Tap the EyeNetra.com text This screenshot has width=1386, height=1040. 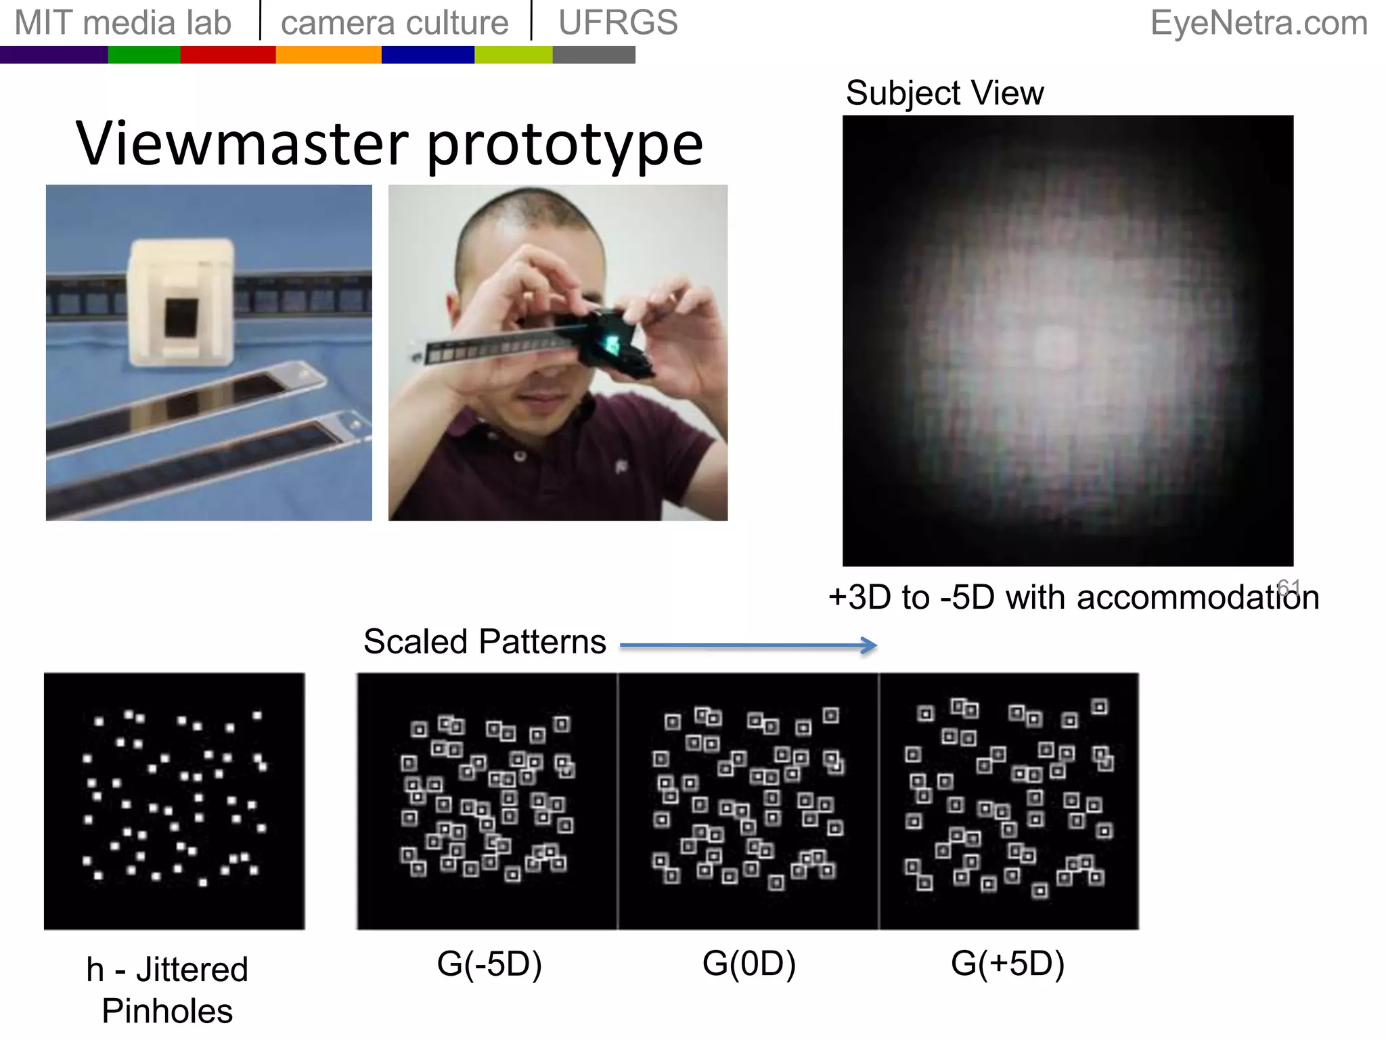pos(1259,23)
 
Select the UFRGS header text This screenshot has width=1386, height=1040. pos(618,23)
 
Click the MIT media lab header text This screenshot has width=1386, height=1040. pos(123,23)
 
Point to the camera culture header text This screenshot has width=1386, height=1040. pos(395,23)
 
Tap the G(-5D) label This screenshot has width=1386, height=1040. pos(489,963)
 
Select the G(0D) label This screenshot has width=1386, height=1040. pos(748,963)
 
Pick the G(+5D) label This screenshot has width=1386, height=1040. pos(1008,963)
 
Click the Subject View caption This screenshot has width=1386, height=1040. pos(945,93)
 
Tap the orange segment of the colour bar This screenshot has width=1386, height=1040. pos(328,55)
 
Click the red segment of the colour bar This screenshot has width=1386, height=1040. pos(228,55)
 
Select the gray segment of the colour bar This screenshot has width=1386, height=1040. pos(594,55)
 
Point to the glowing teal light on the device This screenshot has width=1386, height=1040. pos(612,343)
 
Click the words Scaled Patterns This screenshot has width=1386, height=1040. pos(485,641)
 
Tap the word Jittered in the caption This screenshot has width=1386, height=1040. pos(192,970)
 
